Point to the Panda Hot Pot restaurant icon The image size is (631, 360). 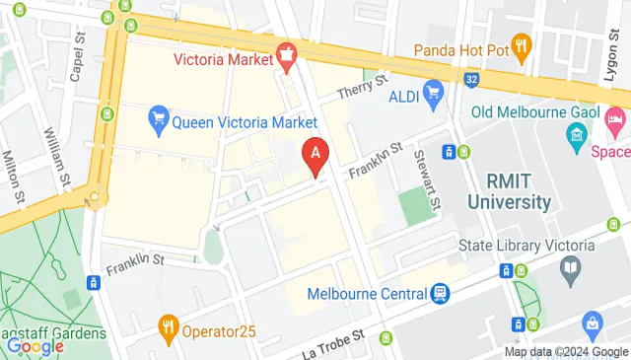tap(522, 45)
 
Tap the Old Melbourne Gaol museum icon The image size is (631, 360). tap(578, 133)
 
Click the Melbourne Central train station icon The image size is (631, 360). tap(440, 293)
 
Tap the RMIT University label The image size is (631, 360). tap(519, 192)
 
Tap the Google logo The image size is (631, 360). tap(35, 346)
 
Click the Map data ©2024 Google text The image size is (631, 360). tap(566, 352)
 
